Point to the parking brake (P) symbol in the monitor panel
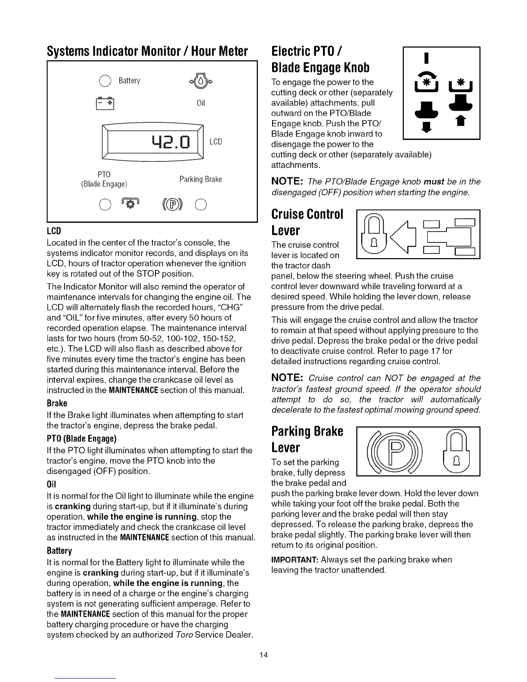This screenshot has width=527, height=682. coord(174,204)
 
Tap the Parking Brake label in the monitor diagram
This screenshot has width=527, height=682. coord(200,179)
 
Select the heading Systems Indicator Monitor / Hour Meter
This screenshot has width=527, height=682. coord(148,52)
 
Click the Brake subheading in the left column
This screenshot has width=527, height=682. coord(57,403)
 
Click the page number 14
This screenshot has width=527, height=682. coord(263,655)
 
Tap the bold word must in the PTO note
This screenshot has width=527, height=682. coord(434,182)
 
